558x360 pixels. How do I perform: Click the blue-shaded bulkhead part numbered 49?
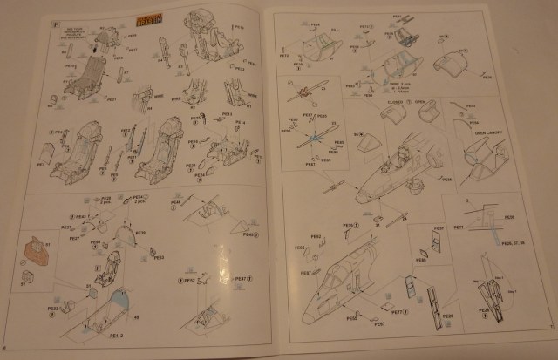coord(122,301)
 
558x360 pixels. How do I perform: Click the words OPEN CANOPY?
coord(491,134)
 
